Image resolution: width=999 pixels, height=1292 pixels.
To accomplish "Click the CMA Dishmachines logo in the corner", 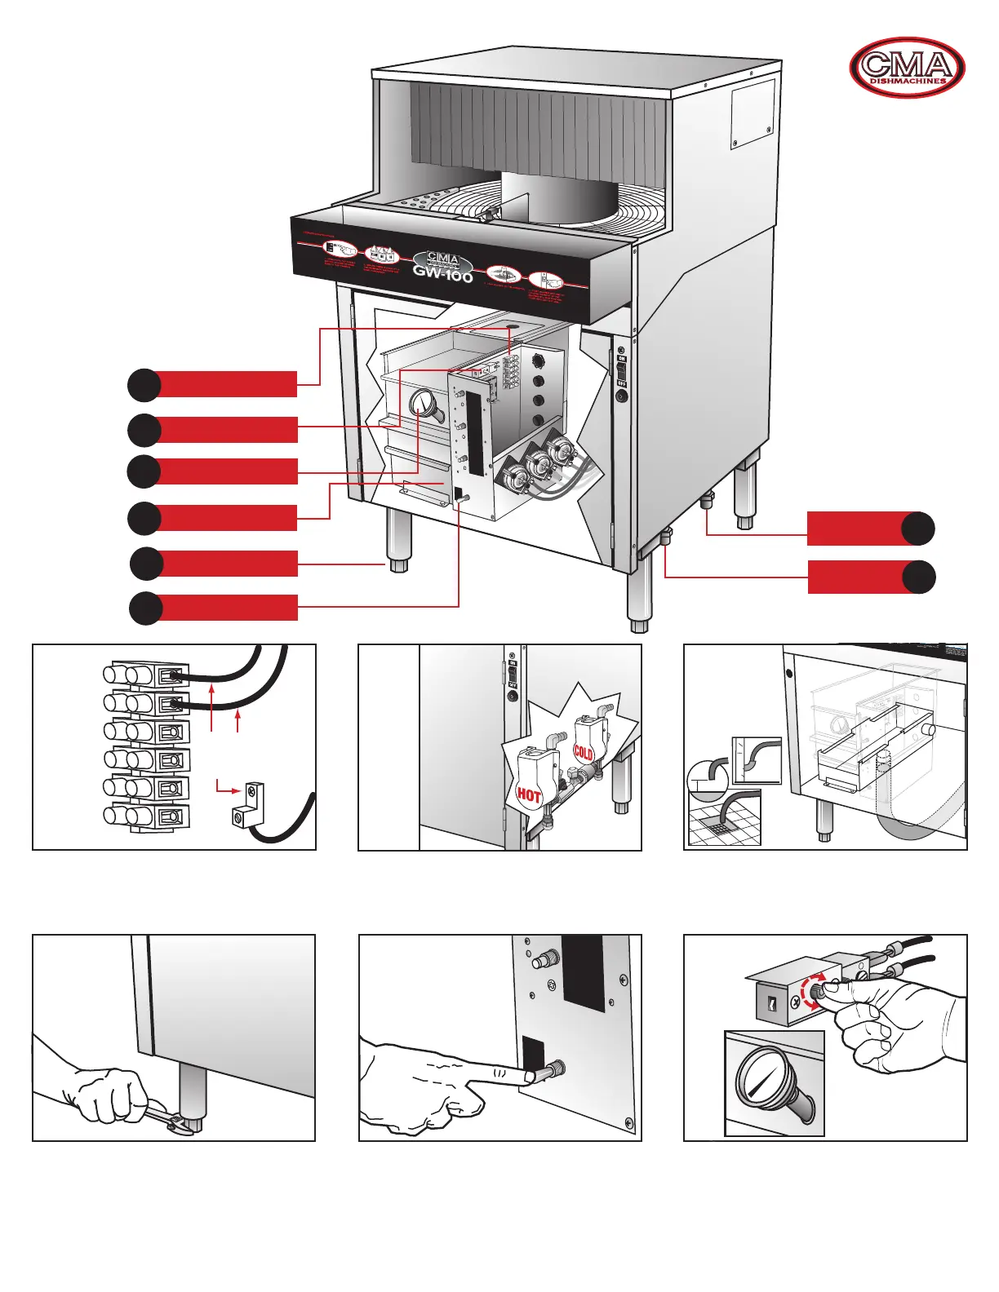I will (x=907, y=68).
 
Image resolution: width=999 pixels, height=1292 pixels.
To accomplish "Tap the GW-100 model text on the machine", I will (x=442, y=275).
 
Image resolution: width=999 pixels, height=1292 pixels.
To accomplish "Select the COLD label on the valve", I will (x=583, y=752).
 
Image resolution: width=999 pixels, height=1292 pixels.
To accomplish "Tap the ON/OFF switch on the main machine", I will (x=621, y=370).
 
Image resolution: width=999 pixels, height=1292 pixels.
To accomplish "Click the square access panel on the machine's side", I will (x=752, y=114).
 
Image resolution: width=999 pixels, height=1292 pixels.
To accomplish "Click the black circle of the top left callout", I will (x=144, y=385).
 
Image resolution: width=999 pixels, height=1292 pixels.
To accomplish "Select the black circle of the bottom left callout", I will (x=146, y=608).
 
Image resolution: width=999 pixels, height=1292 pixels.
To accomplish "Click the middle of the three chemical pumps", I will (x=537, y=465).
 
